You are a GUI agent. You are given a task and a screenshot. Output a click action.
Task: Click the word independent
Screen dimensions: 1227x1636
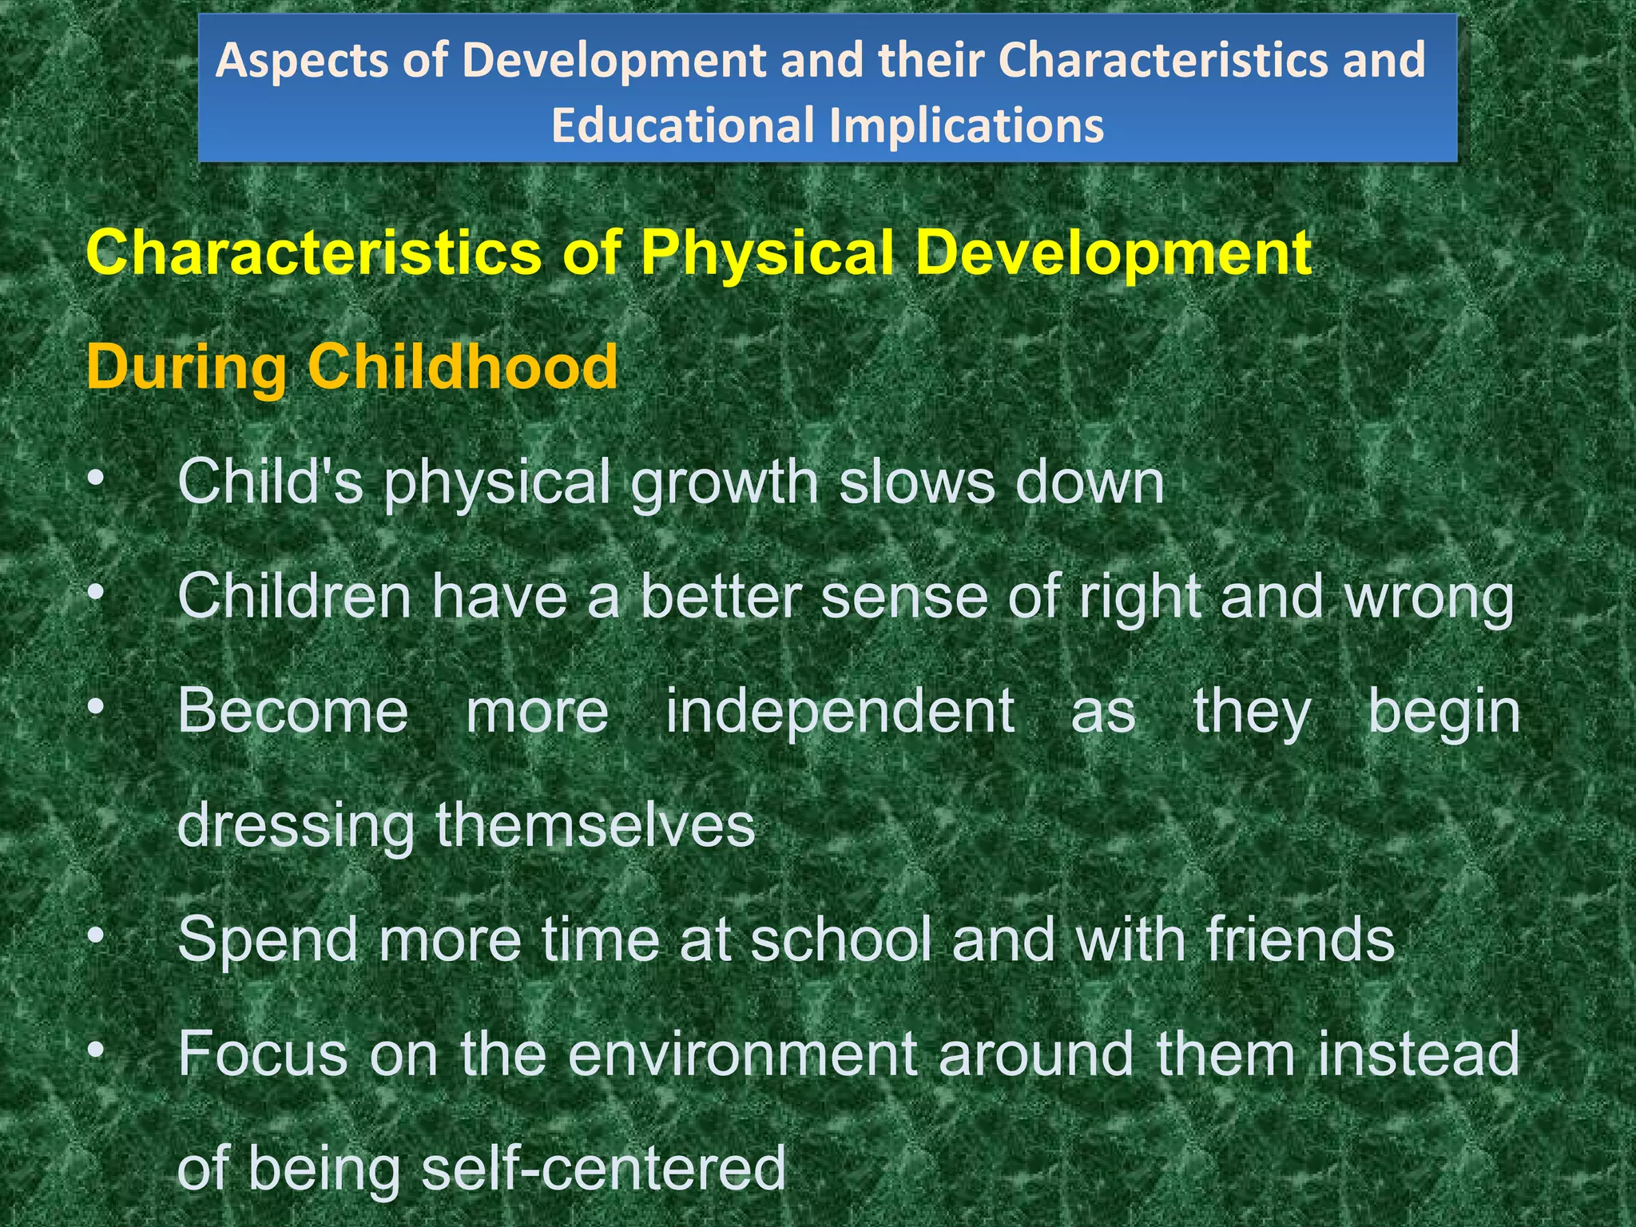click(x=840, y=712)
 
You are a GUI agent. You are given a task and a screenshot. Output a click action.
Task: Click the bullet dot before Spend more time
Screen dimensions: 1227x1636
click(x=96, y=935)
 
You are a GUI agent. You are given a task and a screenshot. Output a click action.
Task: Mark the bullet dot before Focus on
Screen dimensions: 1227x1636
click(x=96, y=1049)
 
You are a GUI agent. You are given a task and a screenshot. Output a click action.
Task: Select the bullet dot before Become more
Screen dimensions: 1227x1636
click(x=96, y=706)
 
